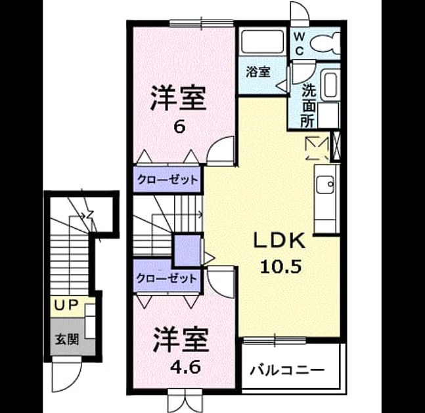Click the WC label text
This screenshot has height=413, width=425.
click(x=299, y=43)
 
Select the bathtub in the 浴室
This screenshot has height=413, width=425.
click(x=263, y=42)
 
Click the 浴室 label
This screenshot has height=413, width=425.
click(x=258, y=72)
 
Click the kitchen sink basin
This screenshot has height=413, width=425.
click(x=326, y=184)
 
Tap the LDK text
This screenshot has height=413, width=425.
click(x=279, y=241)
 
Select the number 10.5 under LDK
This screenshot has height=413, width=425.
click(x=280, y=266)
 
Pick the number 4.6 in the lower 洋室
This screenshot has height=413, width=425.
click(x=185, y=367)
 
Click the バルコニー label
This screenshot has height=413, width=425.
click(x=287, y=370)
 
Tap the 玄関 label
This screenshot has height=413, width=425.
click(x=67, y=339)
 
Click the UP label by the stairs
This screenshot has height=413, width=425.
click(x=66, y=305)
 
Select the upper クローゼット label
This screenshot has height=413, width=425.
click(x=168, y=180)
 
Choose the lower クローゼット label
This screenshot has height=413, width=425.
click(x=166, y=278)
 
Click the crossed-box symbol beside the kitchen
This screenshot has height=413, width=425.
click(x=336, y=146)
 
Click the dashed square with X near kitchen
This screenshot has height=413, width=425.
click(x=317, y=148)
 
